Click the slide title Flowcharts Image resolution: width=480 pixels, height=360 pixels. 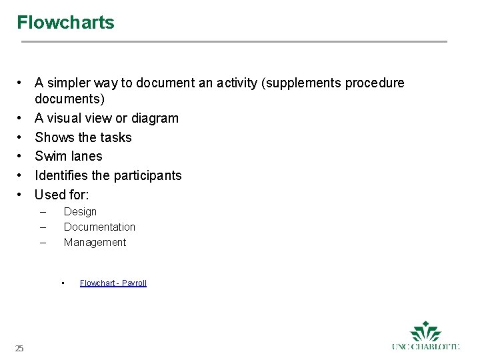point(65,23)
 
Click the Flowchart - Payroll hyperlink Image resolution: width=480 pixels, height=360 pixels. point(113,283)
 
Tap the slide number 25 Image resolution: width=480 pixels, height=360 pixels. point(19,348)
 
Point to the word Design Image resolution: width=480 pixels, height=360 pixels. point(80,212)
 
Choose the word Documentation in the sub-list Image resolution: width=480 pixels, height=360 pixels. point(99,227)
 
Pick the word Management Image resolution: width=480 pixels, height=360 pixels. point(95,243)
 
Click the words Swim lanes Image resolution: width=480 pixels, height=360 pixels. point(69,156)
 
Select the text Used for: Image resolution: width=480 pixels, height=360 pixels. point(62,195)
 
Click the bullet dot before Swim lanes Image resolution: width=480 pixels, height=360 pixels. point(21,156)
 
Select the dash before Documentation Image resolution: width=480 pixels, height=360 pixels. point(43,227)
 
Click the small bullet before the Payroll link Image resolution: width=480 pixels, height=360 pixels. point(62,283)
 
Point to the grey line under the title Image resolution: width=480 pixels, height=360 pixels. point(233,42)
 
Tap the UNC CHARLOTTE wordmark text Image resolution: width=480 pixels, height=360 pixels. point(425,347)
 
